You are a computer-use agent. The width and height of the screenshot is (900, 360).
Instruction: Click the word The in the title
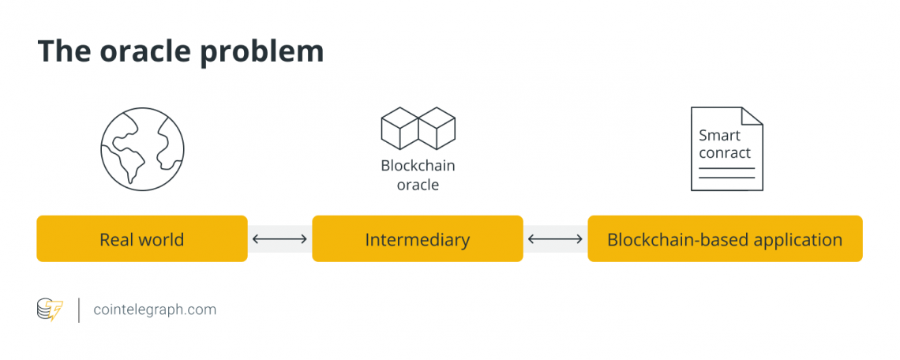63,51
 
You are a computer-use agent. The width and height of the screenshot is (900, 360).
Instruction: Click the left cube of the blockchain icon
399,129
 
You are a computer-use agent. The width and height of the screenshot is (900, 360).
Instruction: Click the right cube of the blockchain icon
437,129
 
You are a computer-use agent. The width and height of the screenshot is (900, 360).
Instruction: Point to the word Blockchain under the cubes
418,166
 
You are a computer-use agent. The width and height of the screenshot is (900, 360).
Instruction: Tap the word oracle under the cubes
418,185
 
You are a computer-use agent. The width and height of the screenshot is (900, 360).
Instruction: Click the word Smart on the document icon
719,135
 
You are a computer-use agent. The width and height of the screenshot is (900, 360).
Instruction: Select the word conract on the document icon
725,152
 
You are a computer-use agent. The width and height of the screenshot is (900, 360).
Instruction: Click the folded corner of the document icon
752,117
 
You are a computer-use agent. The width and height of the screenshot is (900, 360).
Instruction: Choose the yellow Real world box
142,239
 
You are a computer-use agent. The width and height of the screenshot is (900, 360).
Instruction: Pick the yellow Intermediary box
418,239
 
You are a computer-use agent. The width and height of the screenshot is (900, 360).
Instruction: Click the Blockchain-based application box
725,239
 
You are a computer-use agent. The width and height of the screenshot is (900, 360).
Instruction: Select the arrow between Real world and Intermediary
279,239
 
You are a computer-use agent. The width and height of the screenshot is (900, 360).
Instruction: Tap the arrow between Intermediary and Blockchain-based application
555,239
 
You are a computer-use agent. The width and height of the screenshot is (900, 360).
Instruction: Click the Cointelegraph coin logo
49,309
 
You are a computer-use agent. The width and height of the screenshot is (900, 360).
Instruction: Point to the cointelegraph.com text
155,309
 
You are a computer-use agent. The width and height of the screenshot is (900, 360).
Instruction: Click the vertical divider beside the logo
78,309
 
